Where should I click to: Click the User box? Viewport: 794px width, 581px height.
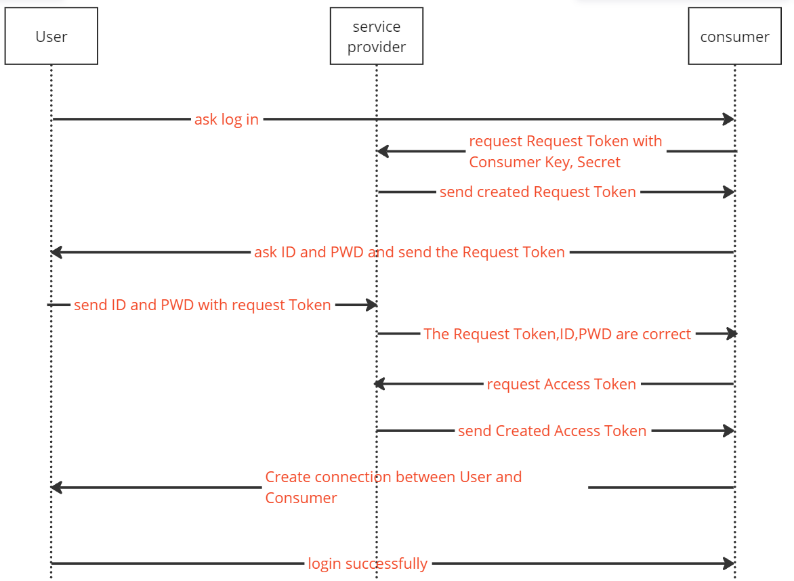pyautogui.click(x=51, y=36)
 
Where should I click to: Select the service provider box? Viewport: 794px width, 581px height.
pyautogui.click(x=376, y=36)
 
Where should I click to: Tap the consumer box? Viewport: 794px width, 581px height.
pyautogui.click(x=735, y=36)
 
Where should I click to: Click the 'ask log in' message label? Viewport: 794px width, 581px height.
pyautogui.click(x=226, y=119)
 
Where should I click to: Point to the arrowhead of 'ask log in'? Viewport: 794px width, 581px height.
pyautogui.click(x=729, y=119)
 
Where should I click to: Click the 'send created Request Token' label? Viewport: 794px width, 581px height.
pyautogui.click(x=537, y=192)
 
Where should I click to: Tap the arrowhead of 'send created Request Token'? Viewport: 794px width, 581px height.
pyautogui.click(x=729, y=192)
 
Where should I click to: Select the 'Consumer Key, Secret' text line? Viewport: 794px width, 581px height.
pyautogui.click(x=545, y=162)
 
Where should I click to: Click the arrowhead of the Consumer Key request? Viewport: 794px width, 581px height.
pyautogui.click(x=383, y=151)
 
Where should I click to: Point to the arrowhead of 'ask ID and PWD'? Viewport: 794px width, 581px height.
pyautogui.click(x=56, y=252)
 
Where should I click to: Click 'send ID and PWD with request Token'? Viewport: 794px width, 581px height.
pyautogui.click(x=202, y=305)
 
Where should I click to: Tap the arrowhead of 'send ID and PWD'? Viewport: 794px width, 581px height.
pyautogui.click(x=372, y=305)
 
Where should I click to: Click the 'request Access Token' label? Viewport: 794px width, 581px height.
pyautogui.click(x=561, y=384)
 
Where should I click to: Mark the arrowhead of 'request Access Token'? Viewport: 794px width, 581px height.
pyautogui.click(x=380, y=384)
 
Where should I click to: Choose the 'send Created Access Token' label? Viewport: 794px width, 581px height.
pyautogui.click(x=552, y=431)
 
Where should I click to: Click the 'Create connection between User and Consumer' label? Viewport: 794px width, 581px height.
pyautogui.click(x=393, y=488)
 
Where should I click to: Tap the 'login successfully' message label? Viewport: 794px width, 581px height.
pyautogui.click(x=368, y=564)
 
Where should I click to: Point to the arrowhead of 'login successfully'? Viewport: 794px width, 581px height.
pyautogui.click(x=729, y=563)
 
